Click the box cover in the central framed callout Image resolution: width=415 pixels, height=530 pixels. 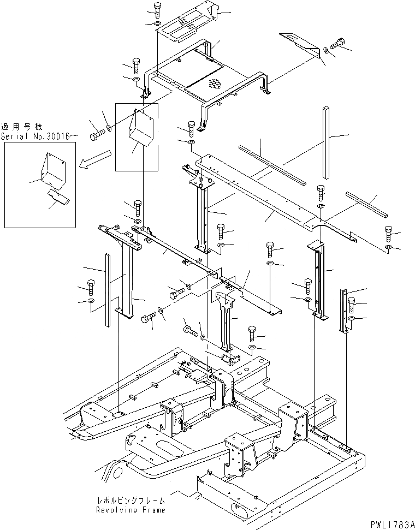[139, 132]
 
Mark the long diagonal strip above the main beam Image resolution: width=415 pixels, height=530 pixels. [271, 162]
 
